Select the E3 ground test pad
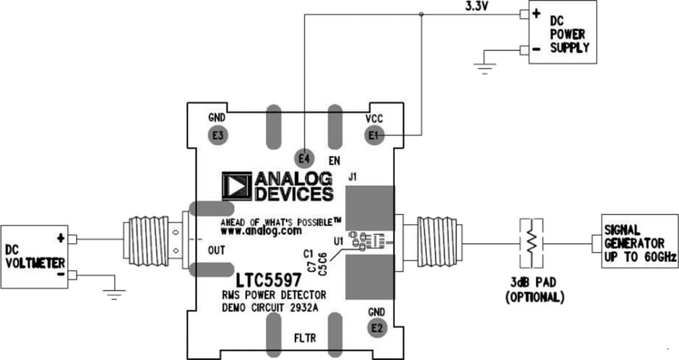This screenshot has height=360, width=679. click(217, 134)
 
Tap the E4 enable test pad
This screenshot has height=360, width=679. click(304, 158)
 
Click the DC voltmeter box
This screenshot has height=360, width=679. click(34, 256)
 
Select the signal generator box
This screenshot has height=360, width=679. click(639, 241)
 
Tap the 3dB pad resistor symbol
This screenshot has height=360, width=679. click(531, 241)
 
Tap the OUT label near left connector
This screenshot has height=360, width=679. click(217, 251)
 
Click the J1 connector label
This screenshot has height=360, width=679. click(353, 178)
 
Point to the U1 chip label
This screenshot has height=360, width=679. click(339, 241)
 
